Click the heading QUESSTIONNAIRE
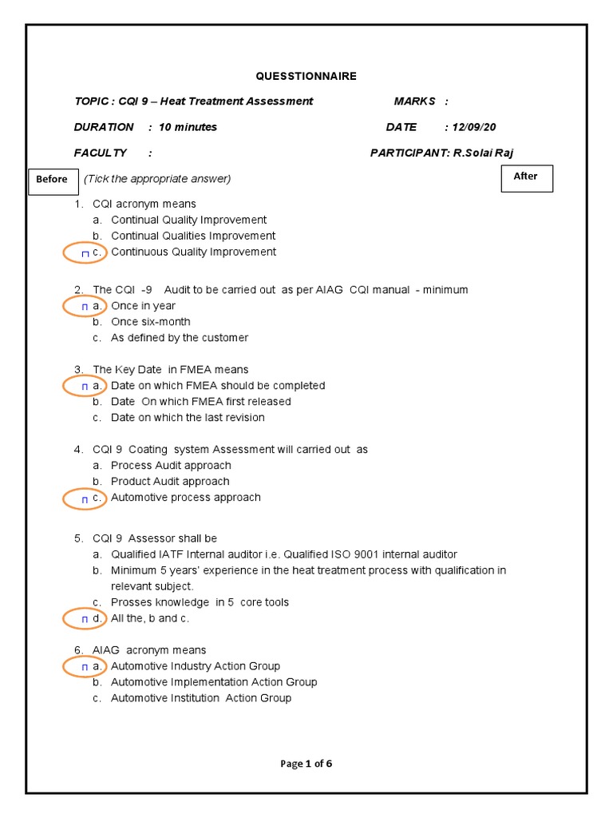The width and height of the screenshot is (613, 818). tap(306, 76)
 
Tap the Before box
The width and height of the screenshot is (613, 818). tap(52, 180)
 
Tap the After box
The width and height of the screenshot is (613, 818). tap(526, 177)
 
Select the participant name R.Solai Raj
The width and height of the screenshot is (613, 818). tap(483, 153)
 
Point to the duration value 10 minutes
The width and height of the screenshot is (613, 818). tap(188, 127)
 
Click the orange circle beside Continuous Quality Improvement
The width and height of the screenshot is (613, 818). tap(85, 252)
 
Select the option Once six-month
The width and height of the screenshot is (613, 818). tap(150, 322)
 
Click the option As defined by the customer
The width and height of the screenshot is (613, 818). tap(179, 338)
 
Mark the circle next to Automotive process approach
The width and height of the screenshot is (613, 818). tap(85, 498)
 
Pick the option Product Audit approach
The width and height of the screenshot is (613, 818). tap(169, 482)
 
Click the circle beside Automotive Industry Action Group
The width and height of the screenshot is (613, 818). tap(85, 666)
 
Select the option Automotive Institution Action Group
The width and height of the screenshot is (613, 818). tap(200, 698)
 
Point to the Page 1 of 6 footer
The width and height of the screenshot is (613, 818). tap(306, 764)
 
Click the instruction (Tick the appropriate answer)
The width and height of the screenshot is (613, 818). tap(157, 179)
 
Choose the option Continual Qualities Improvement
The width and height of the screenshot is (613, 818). tap(192, 236)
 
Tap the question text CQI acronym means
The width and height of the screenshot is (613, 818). tap(144, 204)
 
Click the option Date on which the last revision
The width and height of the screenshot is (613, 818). tap(187, 418)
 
